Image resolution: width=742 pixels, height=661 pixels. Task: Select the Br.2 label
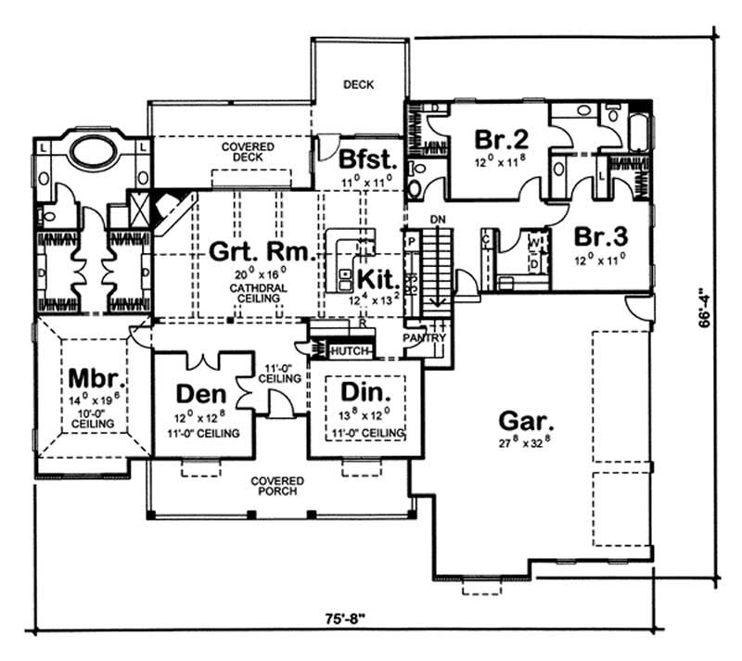pos(501,139)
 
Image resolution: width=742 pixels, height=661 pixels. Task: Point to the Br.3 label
pos(598,234)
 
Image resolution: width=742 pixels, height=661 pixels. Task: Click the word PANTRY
pos(426,338)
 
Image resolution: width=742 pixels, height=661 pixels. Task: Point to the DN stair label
pos(440,219)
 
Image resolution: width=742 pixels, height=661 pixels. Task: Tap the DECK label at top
pos(358,84)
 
